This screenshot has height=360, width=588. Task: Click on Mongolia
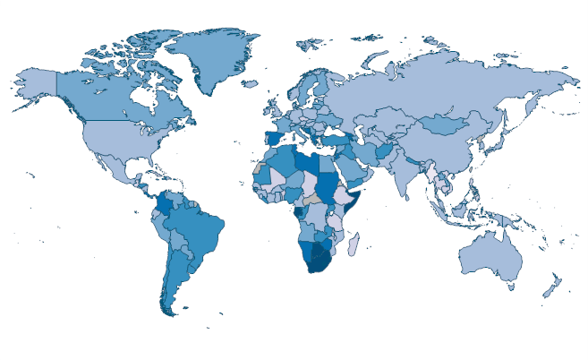point(447,124)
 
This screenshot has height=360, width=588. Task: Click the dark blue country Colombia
point(163,206)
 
